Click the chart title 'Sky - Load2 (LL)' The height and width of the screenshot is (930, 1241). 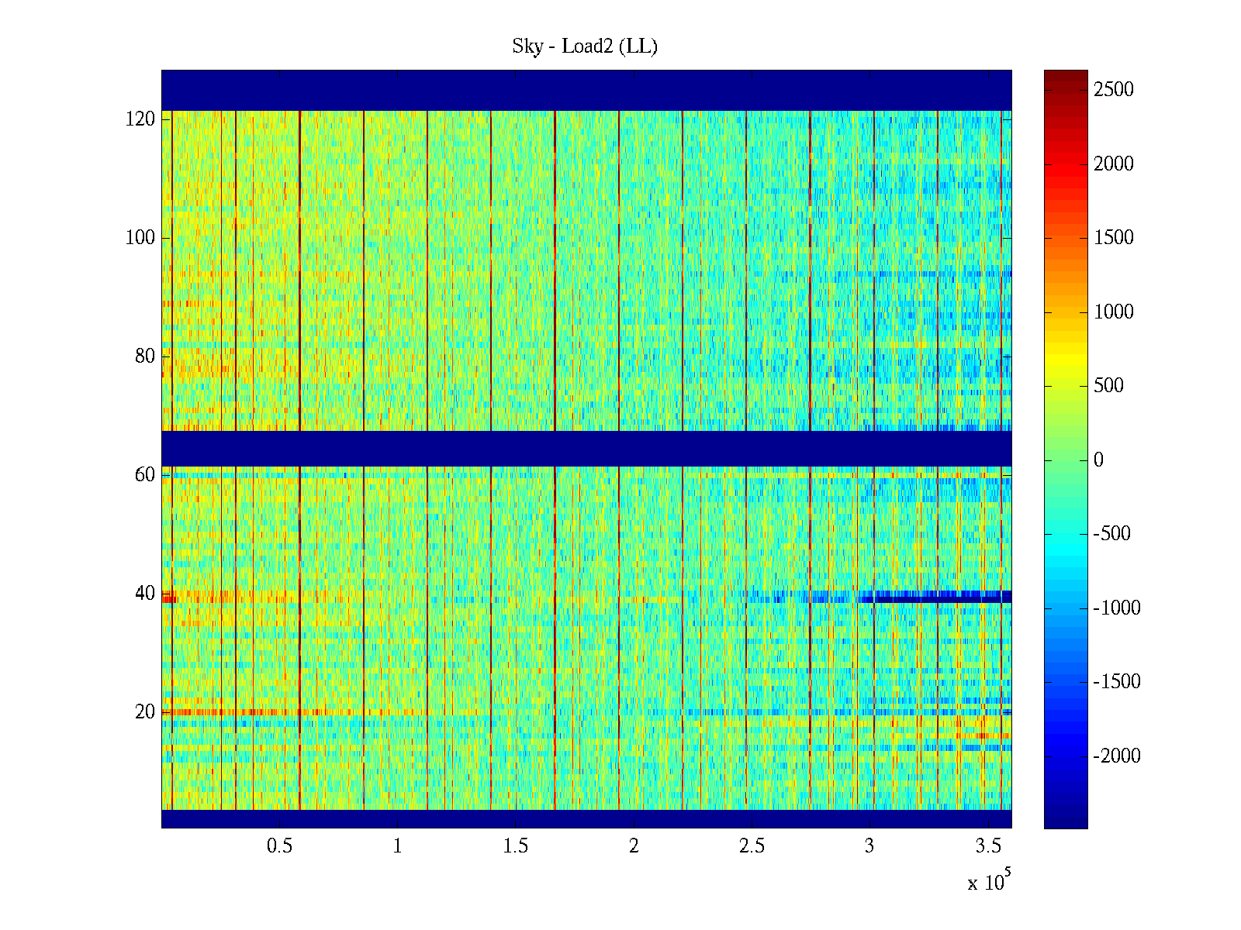[x=585, y=46]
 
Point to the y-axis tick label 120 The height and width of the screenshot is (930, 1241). [x=140, y=119]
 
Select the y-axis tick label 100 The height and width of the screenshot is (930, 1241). [x=140, y=238]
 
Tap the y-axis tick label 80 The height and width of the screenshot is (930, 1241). [x=145, y=356]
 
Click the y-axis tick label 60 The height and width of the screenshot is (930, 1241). [x=145, y=475]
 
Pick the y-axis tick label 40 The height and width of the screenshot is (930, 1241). [x=145, y=594]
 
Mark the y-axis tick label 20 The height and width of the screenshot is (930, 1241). [x=145, y=712]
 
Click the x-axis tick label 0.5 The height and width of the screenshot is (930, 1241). [x=279, y=846]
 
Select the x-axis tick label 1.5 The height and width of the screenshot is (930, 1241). [x=516, y=846]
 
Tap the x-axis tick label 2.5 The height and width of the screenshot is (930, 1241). [x=752, y=846]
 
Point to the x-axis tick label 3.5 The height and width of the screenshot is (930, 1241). [x=988, y=846]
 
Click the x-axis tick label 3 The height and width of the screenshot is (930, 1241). [x=869, y=846]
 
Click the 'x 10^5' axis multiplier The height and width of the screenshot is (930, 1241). [x=988, y=881]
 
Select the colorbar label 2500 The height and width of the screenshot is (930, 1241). [x=1114, y=90]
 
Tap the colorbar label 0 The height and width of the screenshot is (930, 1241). [x=1098, y=460]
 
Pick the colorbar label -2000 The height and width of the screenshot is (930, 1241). [x=1117, y=756]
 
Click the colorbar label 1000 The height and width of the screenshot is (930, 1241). [x=1114, y=312]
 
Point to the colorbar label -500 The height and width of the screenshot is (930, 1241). [x=1112, y=534]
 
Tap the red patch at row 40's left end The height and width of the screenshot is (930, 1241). [x=169, y=598]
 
